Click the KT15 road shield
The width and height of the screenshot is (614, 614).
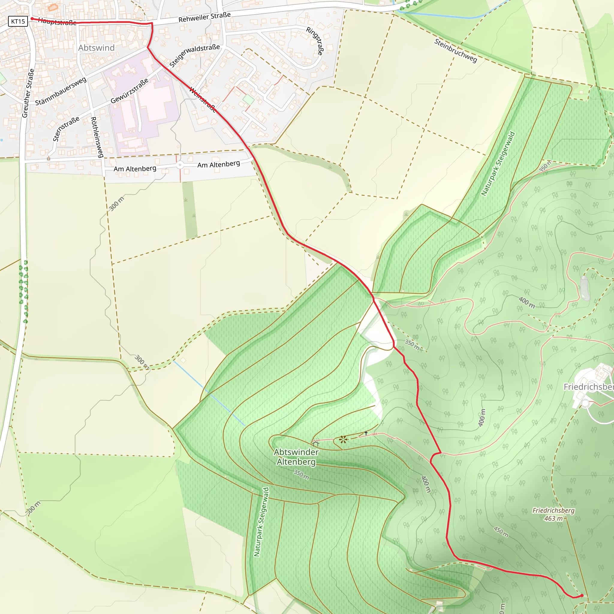18,21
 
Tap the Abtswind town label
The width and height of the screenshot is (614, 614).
96,48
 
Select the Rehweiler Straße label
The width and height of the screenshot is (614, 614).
204,17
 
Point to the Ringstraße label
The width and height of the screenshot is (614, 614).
314,41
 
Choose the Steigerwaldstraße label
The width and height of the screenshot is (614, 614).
194,56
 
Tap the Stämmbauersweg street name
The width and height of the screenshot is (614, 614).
60,91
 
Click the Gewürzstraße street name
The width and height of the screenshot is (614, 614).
129,91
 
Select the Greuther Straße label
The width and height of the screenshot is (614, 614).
28,93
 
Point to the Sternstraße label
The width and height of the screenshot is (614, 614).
66,129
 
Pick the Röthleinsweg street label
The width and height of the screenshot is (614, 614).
97,137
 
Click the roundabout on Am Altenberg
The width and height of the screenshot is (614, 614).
180,165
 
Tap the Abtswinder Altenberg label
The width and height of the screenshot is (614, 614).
296,457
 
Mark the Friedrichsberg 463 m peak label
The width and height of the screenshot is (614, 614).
553,514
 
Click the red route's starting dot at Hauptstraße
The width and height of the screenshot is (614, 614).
32,19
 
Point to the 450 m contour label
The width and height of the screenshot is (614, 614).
501,532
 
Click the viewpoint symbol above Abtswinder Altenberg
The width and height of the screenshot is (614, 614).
343,440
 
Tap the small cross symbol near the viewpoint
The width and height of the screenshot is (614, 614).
366,433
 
